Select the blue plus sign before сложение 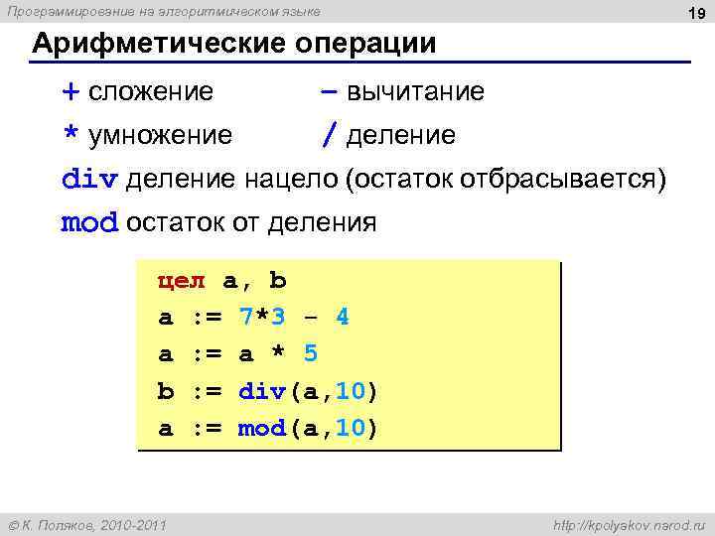click(x=71, y=92)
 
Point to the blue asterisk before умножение click(x=71, y=134)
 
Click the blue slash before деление click(x=327, y=134)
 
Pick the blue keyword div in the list click(x=89, y=179)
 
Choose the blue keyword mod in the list click(x=89, y=222)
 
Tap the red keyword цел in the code click(x=182, y=281)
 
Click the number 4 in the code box click(x=343, y=318)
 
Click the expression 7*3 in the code click(x=262, y=318)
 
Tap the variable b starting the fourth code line click(x=166, y=391)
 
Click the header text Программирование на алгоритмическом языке click(x=164, y=11)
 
